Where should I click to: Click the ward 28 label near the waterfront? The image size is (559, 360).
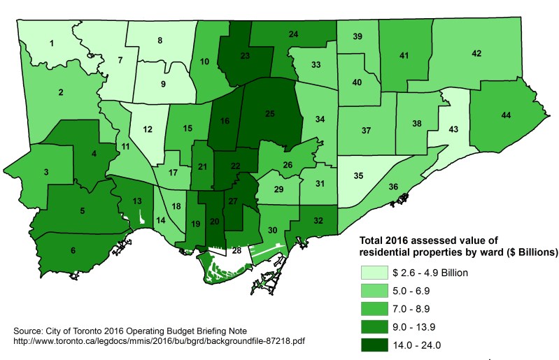click(236, 250)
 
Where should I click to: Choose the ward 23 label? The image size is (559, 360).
click(245, 55)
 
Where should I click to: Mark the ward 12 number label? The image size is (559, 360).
click(148, 129)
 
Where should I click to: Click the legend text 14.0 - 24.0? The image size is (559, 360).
click(432, 343)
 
